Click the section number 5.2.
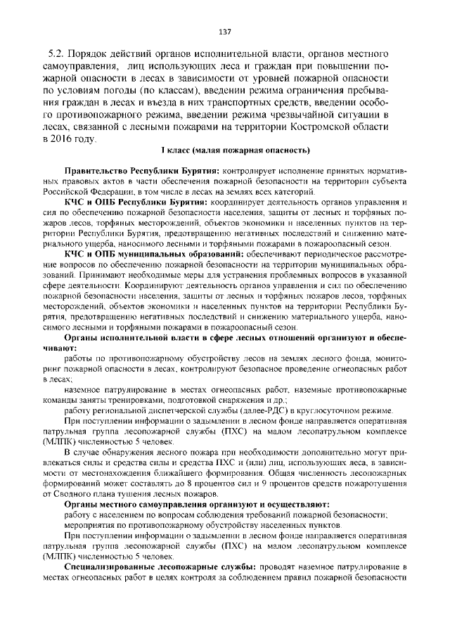click(x=57, y=53)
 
